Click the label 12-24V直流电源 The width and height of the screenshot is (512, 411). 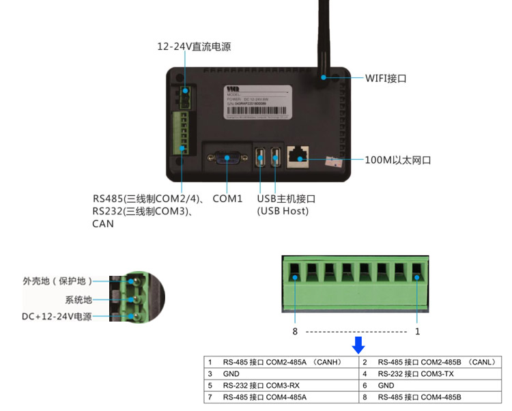tap(194, 47)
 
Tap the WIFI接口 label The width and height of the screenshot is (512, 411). tap(386, 79)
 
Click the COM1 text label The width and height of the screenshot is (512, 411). tap(227, 199)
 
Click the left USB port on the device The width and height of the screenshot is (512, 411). tap(259, 157)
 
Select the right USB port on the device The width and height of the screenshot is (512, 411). tap(276, 157)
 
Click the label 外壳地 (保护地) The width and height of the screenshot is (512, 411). tap(57, 281)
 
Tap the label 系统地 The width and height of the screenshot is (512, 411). tap(78, 299)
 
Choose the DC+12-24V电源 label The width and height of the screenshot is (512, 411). tap(56, 317)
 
